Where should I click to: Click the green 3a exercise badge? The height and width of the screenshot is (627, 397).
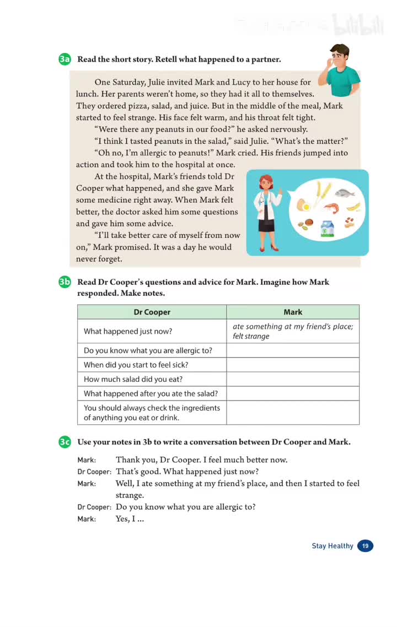(x=65, y=60)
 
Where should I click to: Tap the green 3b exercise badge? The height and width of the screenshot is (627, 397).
(x=65, y=282)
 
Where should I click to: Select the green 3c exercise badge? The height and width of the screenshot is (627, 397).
(x=65, y=442)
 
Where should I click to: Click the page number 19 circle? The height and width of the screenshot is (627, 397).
(x=365, y=546)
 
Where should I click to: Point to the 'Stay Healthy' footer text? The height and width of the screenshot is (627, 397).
(x=332, y=546)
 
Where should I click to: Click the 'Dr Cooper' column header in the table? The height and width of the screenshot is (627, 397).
(x=152, y=312)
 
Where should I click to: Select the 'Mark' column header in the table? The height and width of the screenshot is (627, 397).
(x=293, y=312)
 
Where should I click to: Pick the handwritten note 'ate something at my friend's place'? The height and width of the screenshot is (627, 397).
(x=293, y=327)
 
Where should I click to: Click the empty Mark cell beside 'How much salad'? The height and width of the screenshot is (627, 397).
(x=293, y=379)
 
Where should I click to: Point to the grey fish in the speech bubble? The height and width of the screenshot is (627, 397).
(x=345, y=193)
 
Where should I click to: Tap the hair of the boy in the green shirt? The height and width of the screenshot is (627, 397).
(x=340, y=50)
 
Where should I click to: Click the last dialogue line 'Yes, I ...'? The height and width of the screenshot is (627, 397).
(x=130, y=519)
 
